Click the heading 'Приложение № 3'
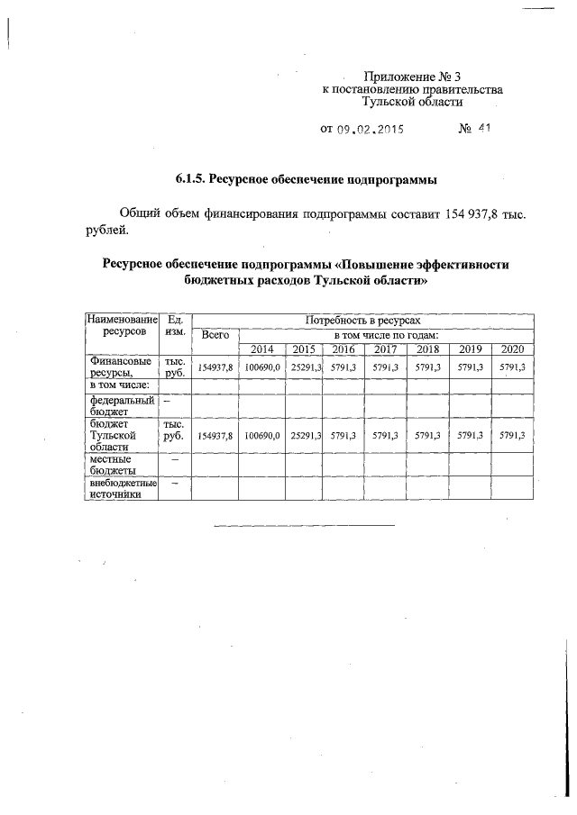pyautogui.click(x=412, y=77)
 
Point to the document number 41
pyautogui.click(x=483, y=129)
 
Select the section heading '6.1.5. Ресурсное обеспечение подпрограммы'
pyautogui.click(x=306, y=180)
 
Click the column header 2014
pyautogui.click(x=261, y=349)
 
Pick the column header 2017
pyautogui.click(x=385, y=349)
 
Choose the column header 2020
pyautogui.click(x=512, y=349)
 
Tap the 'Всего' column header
pyautogui.click(x=215, y=334)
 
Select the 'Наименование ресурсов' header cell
pyautogui.click(x=121, y=326)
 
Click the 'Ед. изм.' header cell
pyautogui.click(x=176, y=326)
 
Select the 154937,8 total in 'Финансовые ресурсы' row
pyautogui.click(x=215, y=368)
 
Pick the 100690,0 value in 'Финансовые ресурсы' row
pyautogui.click(x=261, y=368)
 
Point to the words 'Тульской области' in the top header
pyautogui.click(x=412, y=103)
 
